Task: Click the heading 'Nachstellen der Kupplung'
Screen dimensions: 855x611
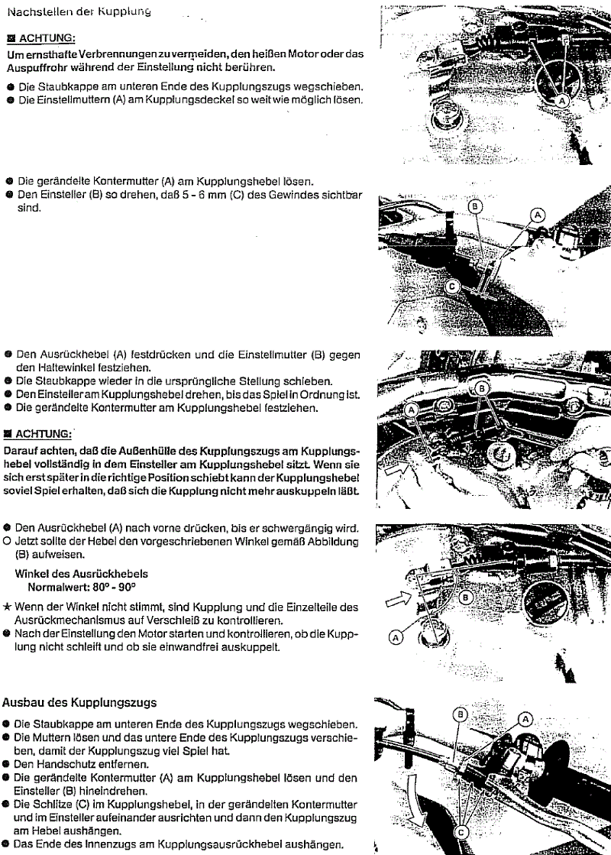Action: click(x=76, y=11)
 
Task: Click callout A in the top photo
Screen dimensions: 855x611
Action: click(x=562, y=101)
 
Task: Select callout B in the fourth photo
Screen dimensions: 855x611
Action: click(x=466, y=597)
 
